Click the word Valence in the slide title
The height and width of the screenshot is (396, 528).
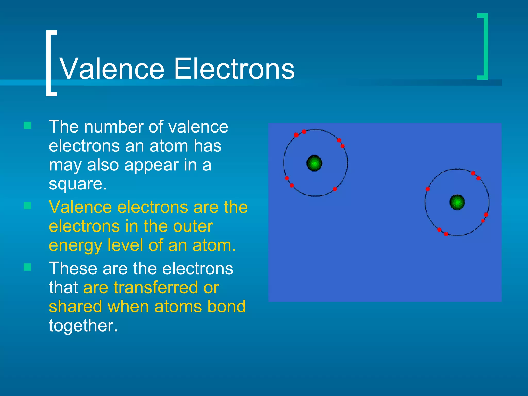click(x=112, y=69)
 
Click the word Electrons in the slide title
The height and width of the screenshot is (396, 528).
click(x=234, y=69)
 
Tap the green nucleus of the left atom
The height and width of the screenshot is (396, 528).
click(x=314, y=163)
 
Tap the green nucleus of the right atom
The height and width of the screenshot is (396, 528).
click(x=457, y=202)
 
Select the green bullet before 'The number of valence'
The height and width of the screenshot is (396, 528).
click(x=27, y=126)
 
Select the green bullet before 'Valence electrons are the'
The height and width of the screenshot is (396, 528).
click(x=27, y=206)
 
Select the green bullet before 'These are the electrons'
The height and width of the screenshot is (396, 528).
click(x=27, y=267)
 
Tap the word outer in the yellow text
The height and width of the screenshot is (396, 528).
click(x=193, y=226)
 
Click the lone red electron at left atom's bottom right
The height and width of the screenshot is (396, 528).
click(x=335, y=189)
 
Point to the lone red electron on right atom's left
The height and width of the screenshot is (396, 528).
click(x=427, y=189)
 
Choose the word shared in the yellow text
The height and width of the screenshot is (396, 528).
click(x=75, y=307)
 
